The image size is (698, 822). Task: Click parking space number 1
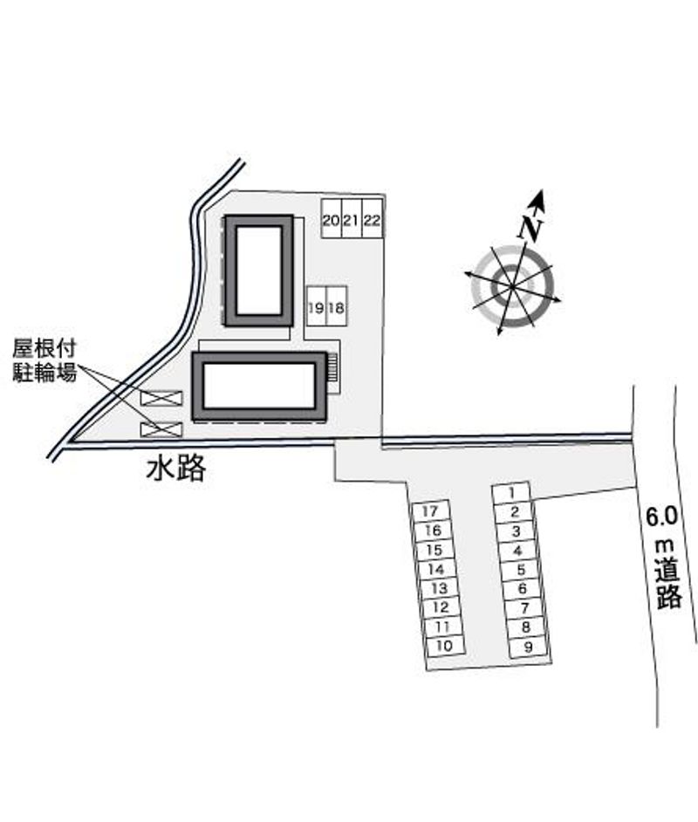tap(511, 493)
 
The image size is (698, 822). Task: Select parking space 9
tap(529, 647)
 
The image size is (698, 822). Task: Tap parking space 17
tap(430, 511)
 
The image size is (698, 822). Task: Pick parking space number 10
tap(445, 646)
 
